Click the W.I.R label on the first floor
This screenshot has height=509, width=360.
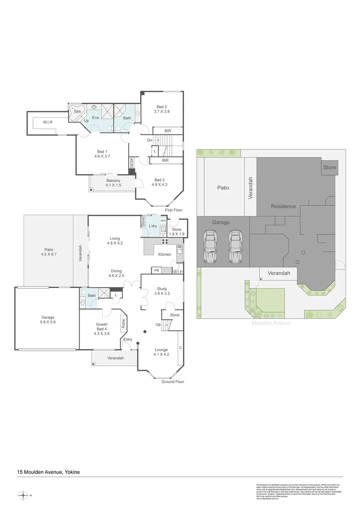[48, 123]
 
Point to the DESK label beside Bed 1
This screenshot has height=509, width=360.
[132, 163]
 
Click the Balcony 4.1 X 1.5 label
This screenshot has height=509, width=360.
[113, 183]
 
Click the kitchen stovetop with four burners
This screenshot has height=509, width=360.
[165, 242]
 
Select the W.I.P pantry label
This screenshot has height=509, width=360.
[178, 272]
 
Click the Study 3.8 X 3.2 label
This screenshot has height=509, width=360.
[162, 291]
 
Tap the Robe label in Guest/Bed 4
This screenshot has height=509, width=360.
[123, 323]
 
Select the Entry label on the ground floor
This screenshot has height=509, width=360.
[128, 339]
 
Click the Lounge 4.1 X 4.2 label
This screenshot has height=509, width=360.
[161, 352]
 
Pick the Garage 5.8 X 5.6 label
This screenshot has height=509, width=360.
[48, 320]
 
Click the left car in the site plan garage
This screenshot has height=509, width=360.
[210, 247]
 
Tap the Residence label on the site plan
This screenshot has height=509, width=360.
[283, 206]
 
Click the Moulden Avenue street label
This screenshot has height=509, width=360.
[271, 323]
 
